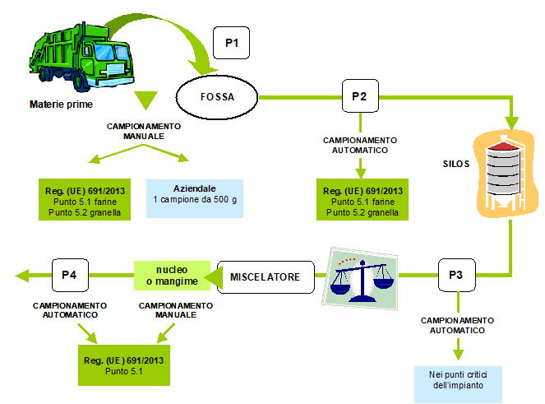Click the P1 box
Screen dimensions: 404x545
[x=231, y=43]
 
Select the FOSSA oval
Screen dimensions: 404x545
[x=217, y=97]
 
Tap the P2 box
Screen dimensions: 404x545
[x=359, y=97]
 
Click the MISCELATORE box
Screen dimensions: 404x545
[x=266, y=276]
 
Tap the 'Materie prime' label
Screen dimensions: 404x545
[x=61, y=104]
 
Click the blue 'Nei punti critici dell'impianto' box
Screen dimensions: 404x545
[x=455, y=379]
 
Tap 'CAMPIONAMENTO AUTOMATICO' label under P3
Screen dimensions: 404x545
[x=458, y=324]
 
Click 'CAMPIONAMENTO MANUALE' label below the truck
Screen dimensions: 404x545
[x=144, y=131]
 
